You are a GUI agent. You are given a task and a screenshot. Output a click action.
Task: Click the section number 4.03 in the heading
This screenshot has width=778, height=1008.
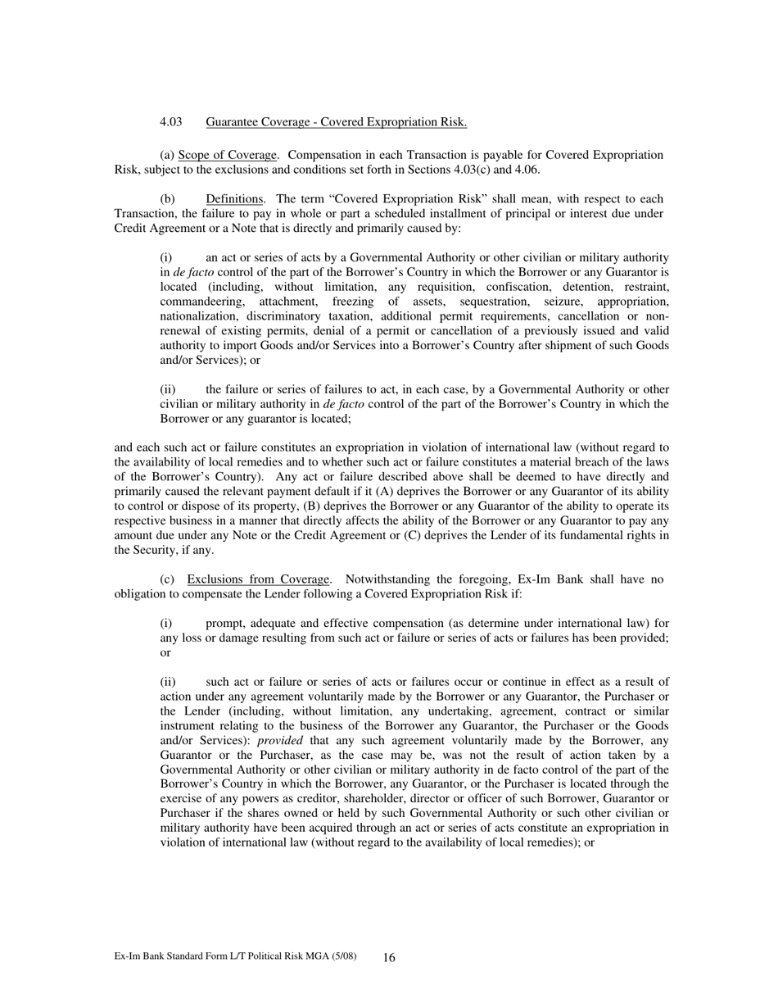pyautogui.click(x=170, y=122)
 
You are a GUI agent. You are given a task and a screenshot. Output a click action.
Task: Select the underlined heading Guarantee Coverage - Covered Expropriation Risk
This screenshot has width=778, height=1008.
pyautogui.click(x=336, y=122)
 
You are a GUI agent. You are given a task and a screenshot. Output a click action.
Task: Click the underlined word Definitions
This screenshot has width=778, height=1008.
pyautogui.click(x=234, y=199)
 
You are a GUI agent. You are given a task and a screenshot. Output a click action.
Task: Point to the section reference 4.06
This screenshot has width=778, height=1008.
pyautogui.click(x=524, y=170)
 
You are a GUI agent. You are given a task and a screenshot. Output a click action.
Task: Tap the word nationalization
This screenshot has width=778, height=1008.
pyautogui.click(x=199, y=316)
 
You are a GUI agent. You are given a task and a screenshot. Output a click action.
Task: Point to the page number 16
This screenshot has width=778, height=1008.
pyautogui.click(x=389, y=957)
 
